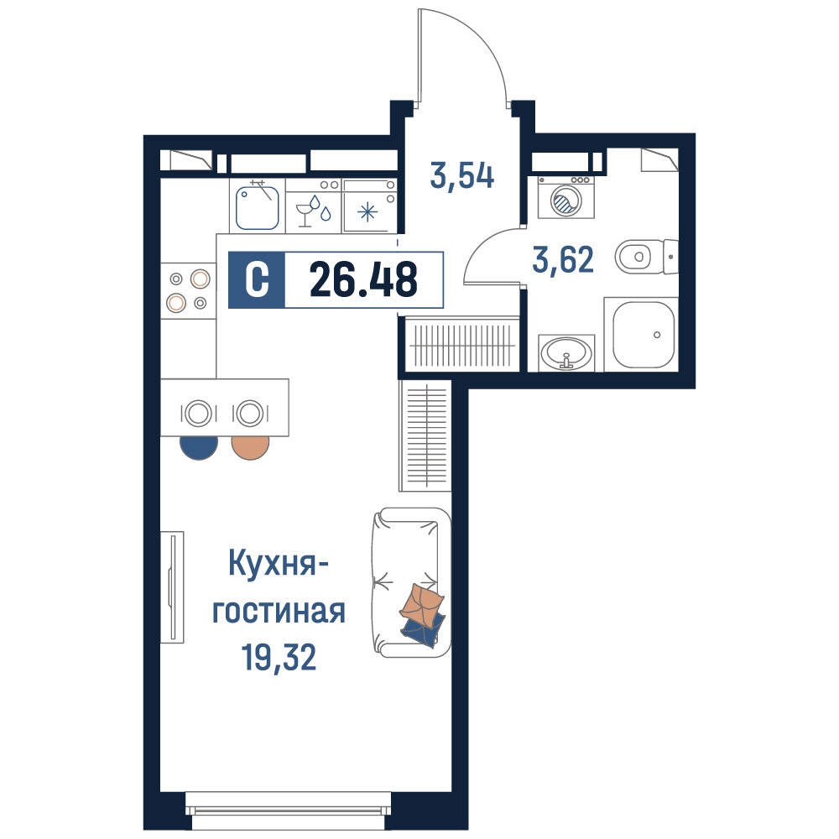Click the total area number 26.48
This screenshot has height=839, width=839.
(x=363, y=279)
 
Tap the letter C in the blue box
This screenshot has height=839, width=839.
(x=257, y=279)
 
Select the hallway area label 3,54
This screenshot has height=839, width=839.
(x=462, y=176)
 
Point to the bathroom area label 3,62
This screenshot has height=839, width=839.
(x=563, y=259)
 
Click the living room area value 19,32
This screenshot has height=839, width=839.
(x=279, y=657)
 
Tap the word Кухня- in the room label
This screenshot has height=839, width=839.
(x=279, y=564)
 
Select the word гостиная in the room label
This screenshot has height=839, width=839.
(x=279, y=612)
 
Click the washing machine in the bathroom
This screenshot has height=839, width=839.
(x=566, y=197)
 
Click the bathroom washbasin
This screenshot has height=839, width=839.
(x=566, y=353)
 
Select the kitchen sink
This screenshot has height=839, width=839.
(x=258, y=206)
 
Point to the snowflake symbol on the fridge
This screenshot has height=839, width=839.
(x=367, y=212)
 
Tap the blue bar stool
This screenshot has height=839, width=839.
(x=199, y=447)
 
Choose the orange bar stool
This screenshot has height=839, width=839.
(x=250, y=447)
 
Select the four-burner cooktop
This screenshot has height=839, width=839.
(x=188, y=291)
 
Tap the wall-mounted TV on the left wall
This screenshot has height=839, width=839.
(x=172, y=587)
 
